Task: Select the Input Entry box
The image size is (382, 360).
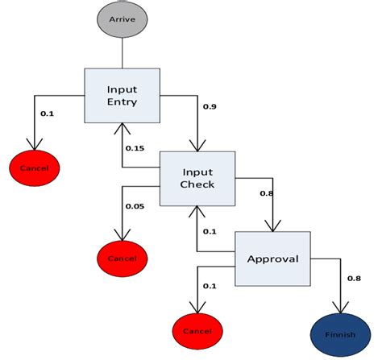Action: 122,95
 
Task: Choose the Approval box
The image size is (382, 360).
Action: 272,259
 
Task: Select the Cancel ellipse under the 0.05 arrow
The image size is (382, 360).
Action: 122,258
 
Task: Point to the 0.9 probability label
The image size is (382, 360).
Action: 210,106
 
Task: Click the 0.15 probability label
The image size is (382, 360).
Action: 135,147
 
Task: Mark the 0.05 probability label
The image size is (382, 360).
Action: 135,206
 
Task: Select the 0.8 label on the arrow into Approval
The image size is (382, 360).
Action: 267,192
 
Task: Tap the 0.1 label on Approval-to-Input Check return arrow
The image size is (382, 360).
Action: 209,231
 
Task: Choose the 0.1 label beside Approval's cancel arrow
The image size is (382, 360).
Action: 210,287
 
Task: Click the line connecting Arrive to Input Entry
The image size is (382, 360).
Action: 122,53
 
